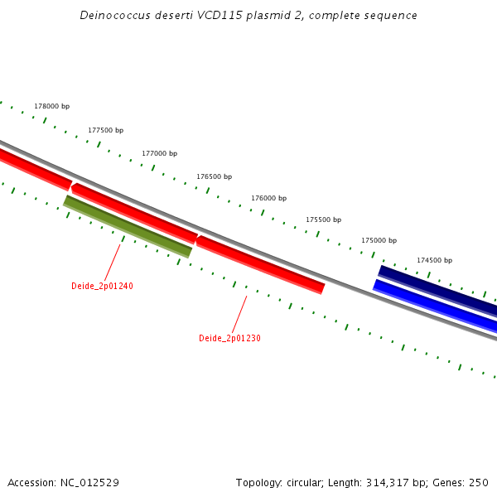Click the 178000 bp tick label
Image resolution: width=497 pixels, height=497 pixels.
(x=51, y=107)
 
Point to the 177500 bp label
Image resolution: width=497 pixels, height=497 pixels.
(x=105, y=130)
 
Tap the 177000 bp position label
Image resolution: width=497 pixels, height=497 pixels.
(x=159, y=153)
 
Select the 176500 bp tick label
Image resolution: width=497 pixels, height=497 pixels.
(x=214, y=176)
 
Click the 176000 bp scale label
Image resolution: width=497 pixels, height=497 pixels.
(x=268, y=198)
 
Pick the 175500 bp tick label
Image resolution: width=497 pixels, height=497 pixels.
(x=323, y=220)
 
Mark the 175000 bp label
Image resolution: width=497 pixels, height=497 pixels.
(x=379, y=240)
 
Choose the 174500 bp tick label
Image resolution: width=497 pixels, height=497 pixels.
(x=434, y=260)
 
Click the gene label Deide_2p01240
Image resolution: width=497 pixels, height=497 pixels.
(x=102, y=286)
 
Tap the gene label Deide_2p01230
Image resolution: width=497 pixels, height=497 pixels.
(x=229, y=338)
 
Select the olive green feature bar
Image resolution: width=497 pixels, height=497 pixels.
(x=128, y=226)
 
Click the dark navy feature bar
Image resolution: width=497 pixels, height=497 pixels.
(x=437, y=291)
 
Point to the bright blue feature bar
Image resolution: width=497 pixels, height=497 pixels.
(x=435, y=306)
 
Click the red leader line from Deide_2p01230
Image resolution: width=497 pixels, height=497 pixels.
(x=239, y=314)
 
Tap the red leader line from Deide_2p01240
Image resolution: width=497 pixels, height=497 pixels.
(x=113, y=261)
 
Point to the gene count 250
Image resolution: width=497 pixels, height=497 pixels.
(x=479, y=483)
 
